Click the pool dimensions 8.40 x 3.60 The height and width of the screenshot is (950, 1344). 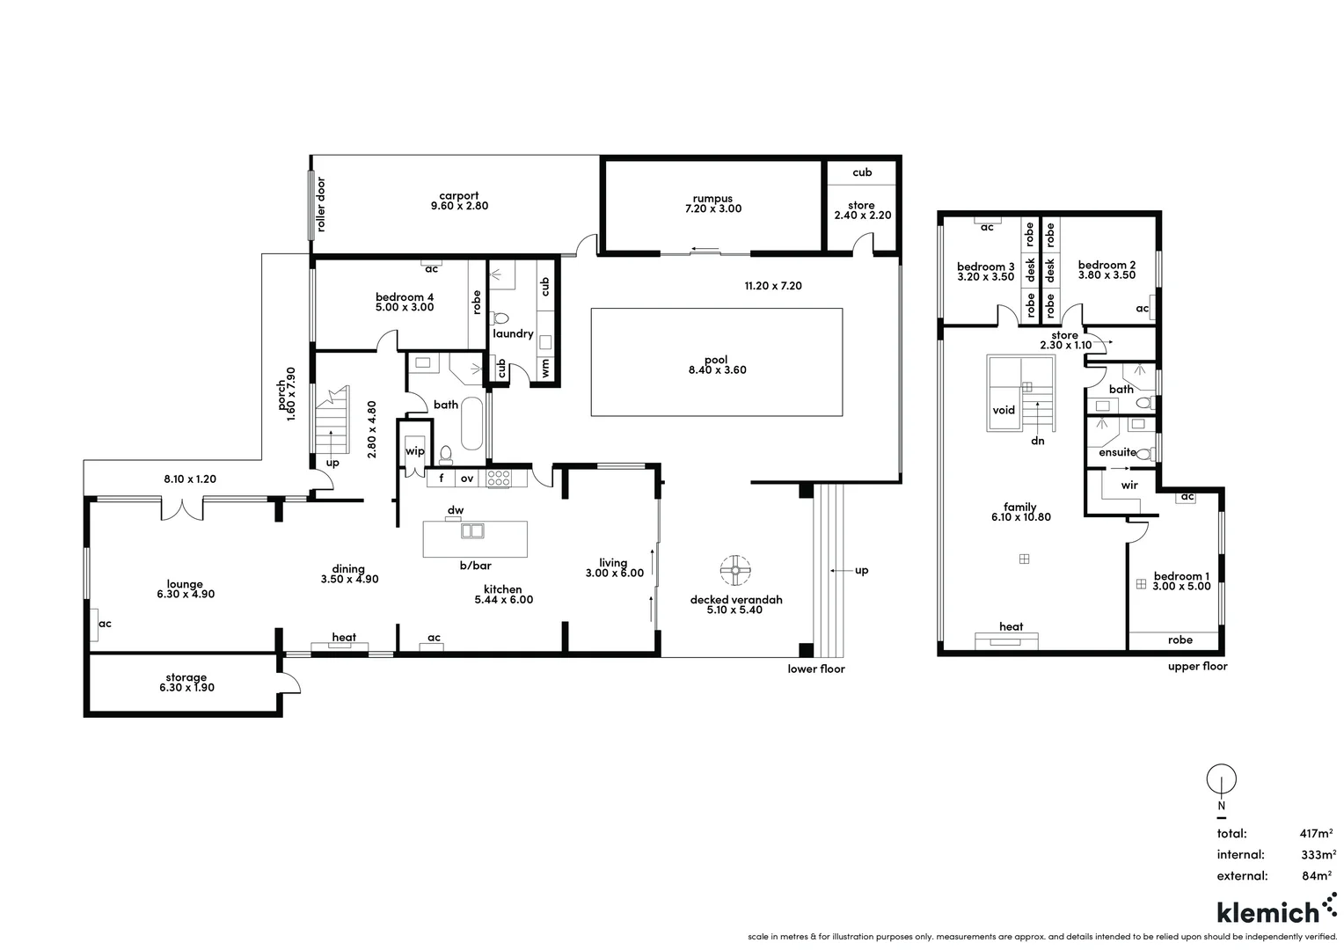(717, 370)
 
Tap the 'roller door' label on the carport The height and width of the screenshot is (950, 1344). (321, 205)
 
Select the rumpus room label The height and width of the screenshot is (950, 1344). (712, 199)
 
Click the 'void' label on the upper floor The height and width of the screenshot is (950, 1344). (1004, 410)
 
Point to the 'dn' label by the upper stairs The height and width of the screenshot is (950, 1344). (1038, 441)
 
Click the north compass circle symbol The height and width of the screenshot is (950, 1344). (1221, 778)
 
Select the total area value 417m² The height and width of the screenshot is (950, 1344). (1316, 833)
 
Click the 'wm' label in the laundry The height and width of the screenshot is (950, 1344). (545, 369)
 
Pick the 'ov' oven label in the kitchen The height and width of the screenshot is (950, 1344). (467, 479)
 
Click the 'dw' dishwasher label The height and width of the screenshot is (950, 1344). (456, 510)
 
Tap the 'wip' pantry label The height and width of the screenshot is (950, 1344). (415, 451)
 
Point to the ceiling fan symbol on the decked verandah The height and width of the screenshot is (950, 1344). (735, 570)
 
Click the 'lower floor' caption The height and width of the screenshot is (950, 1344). (816, 669)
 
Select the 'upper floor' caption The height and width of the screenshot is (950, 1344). (1197, 667)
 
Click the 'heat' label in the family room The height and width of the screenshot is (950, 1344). (1011, 626)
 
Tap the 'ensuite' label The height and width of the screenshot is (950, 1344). (1117, 452)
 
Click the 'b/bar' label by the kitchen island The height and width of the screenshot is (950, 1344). (475, 566)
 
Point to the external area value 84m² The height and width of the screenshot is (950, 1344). (1318, 875)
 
